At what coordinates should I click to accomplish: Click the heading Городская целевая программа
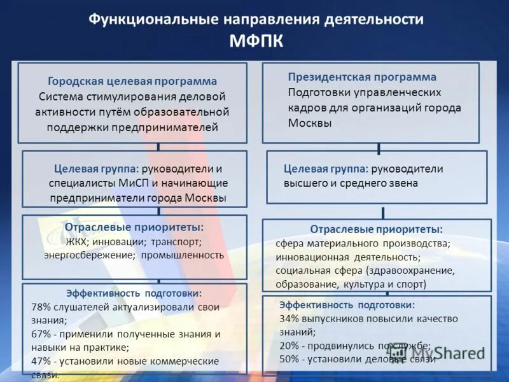132,81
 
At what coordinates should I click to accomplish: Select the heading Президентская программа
362,77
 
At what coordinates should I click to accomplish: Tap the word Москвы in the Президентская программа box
310,123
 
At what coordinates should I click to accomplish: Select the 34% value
289,318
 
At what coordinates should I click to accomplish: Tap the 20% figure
289,345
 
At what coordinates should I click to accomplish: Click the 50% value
289,358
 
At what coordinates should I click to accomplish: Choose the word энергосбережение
90,255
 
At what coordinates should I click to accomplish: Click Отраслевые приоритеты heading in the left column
134,227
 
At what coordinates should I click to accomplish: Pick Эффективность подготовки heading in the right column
347,305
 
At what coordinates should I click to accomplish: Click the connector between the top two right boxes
379,147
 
